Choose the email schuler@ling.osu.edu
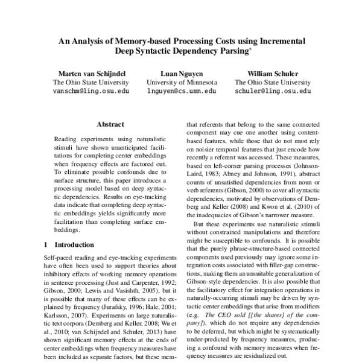click(273, 91)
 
